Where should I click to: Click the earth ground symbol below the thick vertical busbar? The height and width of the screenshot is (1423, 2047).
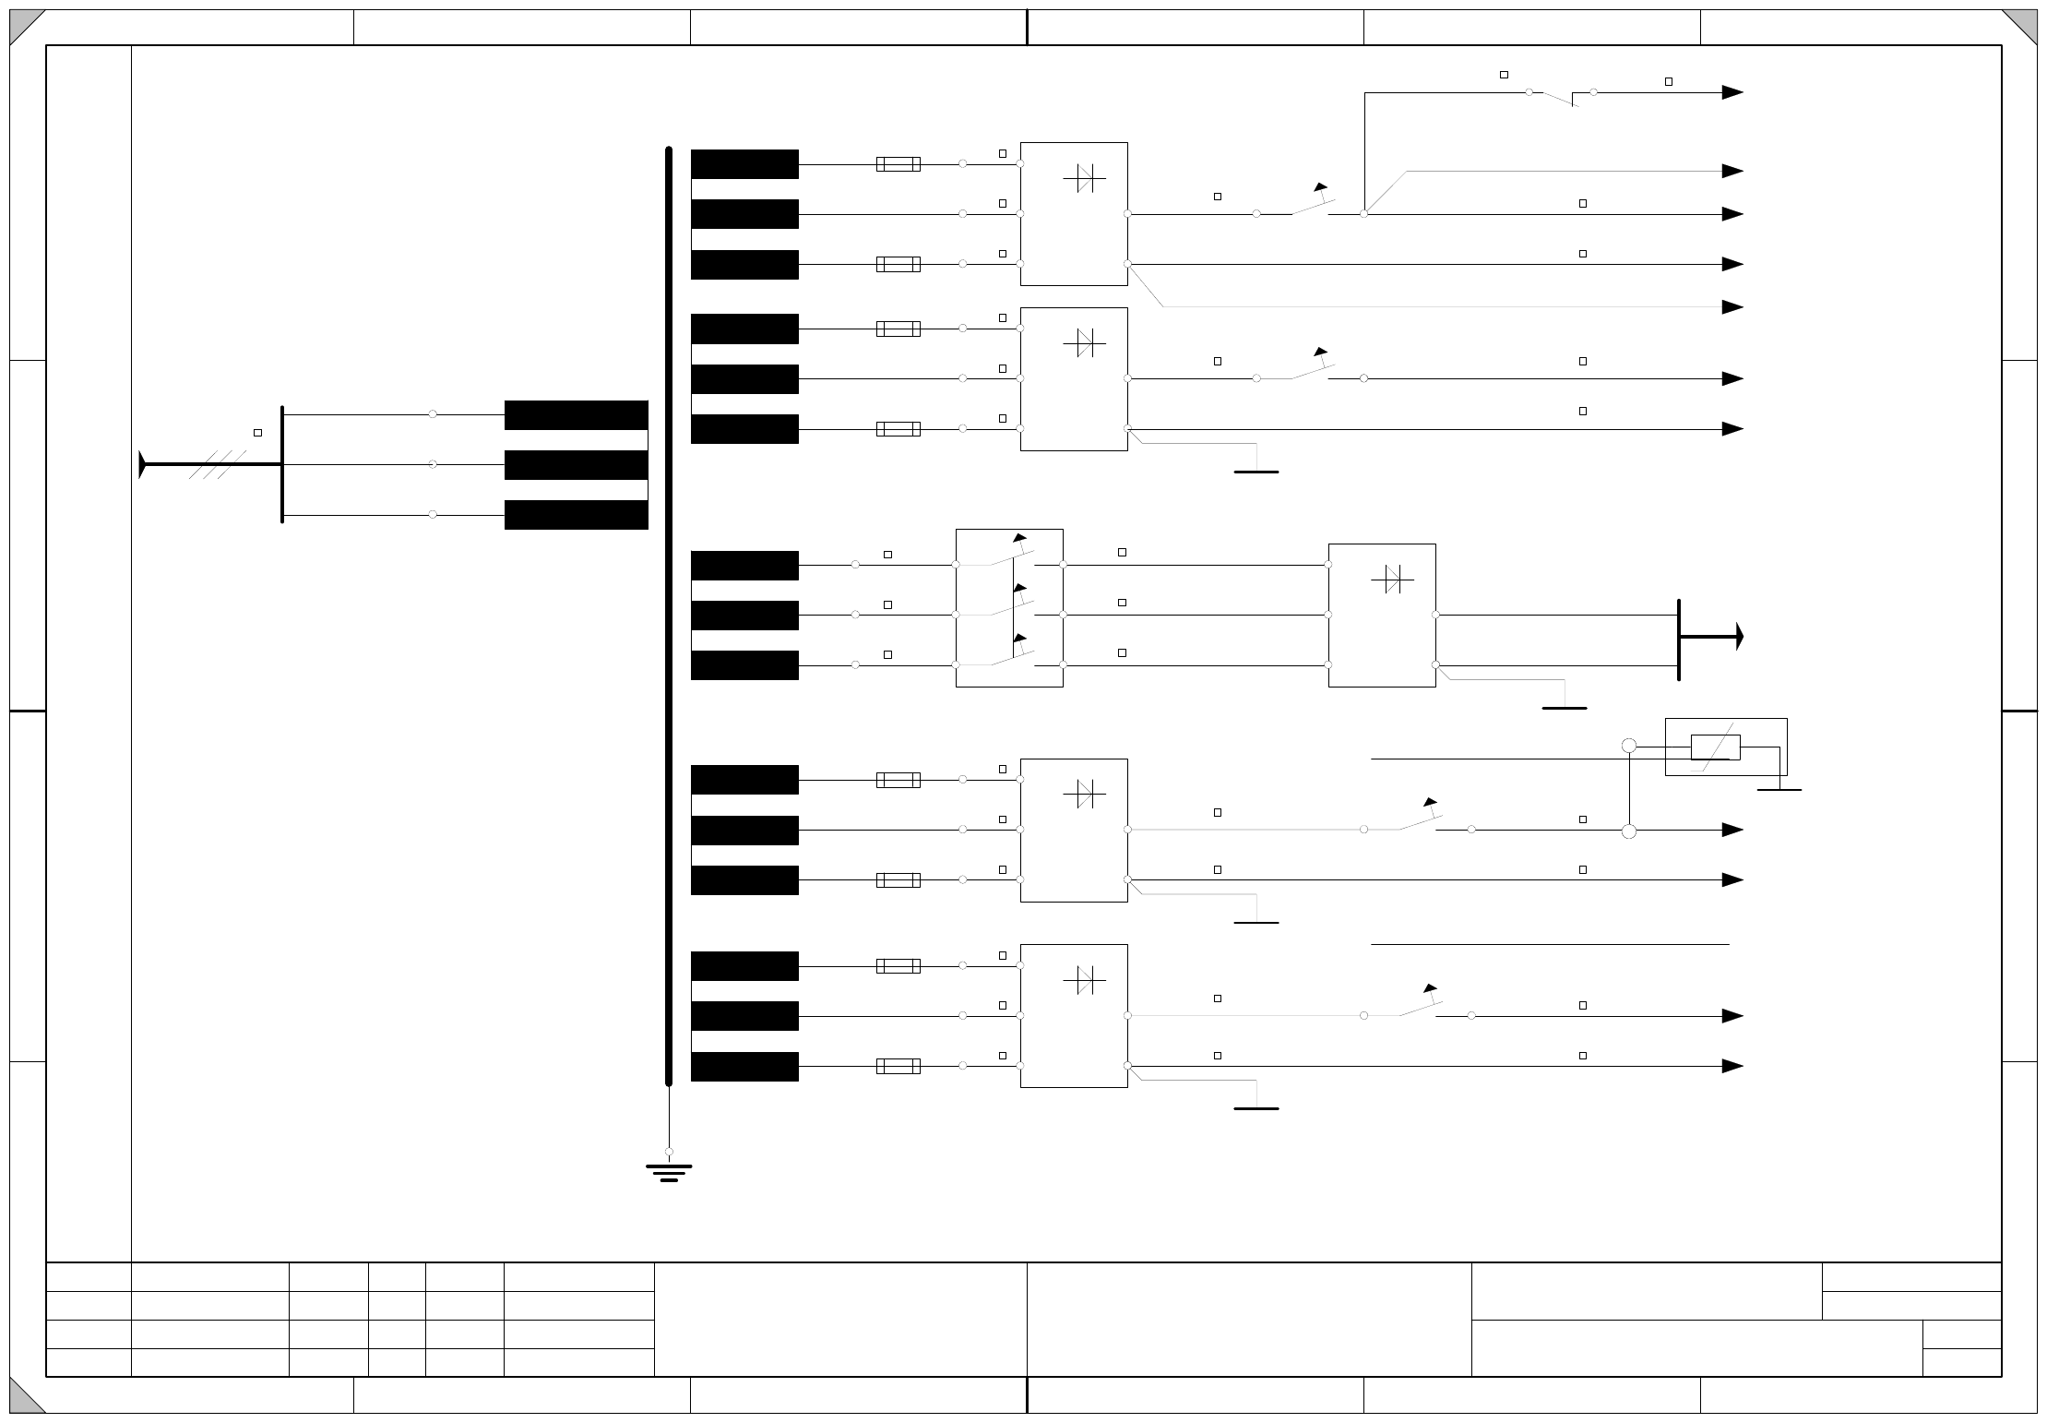click(669, 1172)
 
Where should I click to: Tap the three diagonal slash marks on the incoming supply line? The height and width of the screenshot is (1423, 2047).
click(218, 464)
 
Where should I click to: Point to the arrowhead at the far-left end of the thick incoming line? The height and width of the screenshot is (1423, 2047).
click(142, 464)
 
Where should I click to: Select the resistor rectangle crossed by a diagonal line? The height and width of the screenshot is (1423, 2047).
click(1715, 747)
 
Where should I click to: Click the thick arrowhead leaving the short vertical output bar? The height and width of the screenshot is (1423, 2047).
click(1738, 636)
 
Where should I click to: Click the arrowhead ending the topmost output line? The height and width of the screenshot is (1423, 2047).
click(1732, 92)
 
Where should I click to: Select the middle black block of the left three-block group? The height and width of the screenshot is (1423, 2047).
click(576, 465)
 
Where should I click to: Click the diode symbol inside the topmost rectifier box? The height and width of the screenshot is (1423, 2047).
click(1085, 178)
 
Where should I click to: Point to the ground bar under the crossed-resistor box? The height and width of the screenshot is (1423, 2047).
click(1779, 790)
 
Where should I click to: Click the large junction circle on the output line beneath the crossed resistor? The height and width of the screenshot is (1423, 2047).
click(1629, 831)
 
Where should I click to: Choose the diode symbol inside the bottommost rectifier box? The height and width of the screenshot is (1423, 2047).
click(1085, 980)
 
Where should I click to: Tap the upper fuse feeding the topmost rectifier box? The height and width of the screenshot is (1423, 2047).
click(898, 164)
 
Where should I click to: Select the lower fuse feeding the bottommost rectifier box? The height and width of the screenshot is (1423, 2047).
click(898, 1066)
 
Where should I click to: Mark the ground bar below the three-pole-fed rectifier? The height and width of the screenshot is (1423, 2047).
click(1565, 708)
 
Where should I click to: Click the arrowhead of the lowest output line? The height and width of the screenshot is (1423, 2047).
click(1732, 1066)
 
